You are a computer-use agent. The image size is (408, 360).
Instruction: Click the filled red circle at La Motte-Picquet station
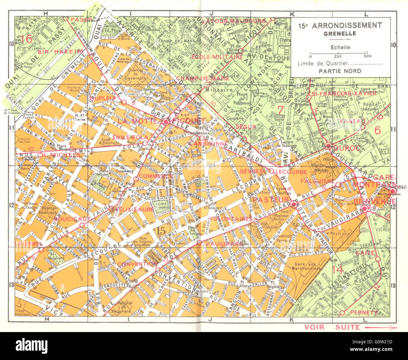[x=165, y=122]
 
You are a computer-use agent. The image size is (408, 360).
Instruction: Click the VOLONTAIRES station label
[x=231, y=219]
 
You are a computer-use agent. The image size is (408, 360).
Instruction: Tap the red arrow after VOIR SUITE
[x=380, y=328]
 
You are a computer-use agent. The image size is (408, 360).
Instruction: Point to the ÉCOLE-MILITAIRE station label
[x=217, y=57]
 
